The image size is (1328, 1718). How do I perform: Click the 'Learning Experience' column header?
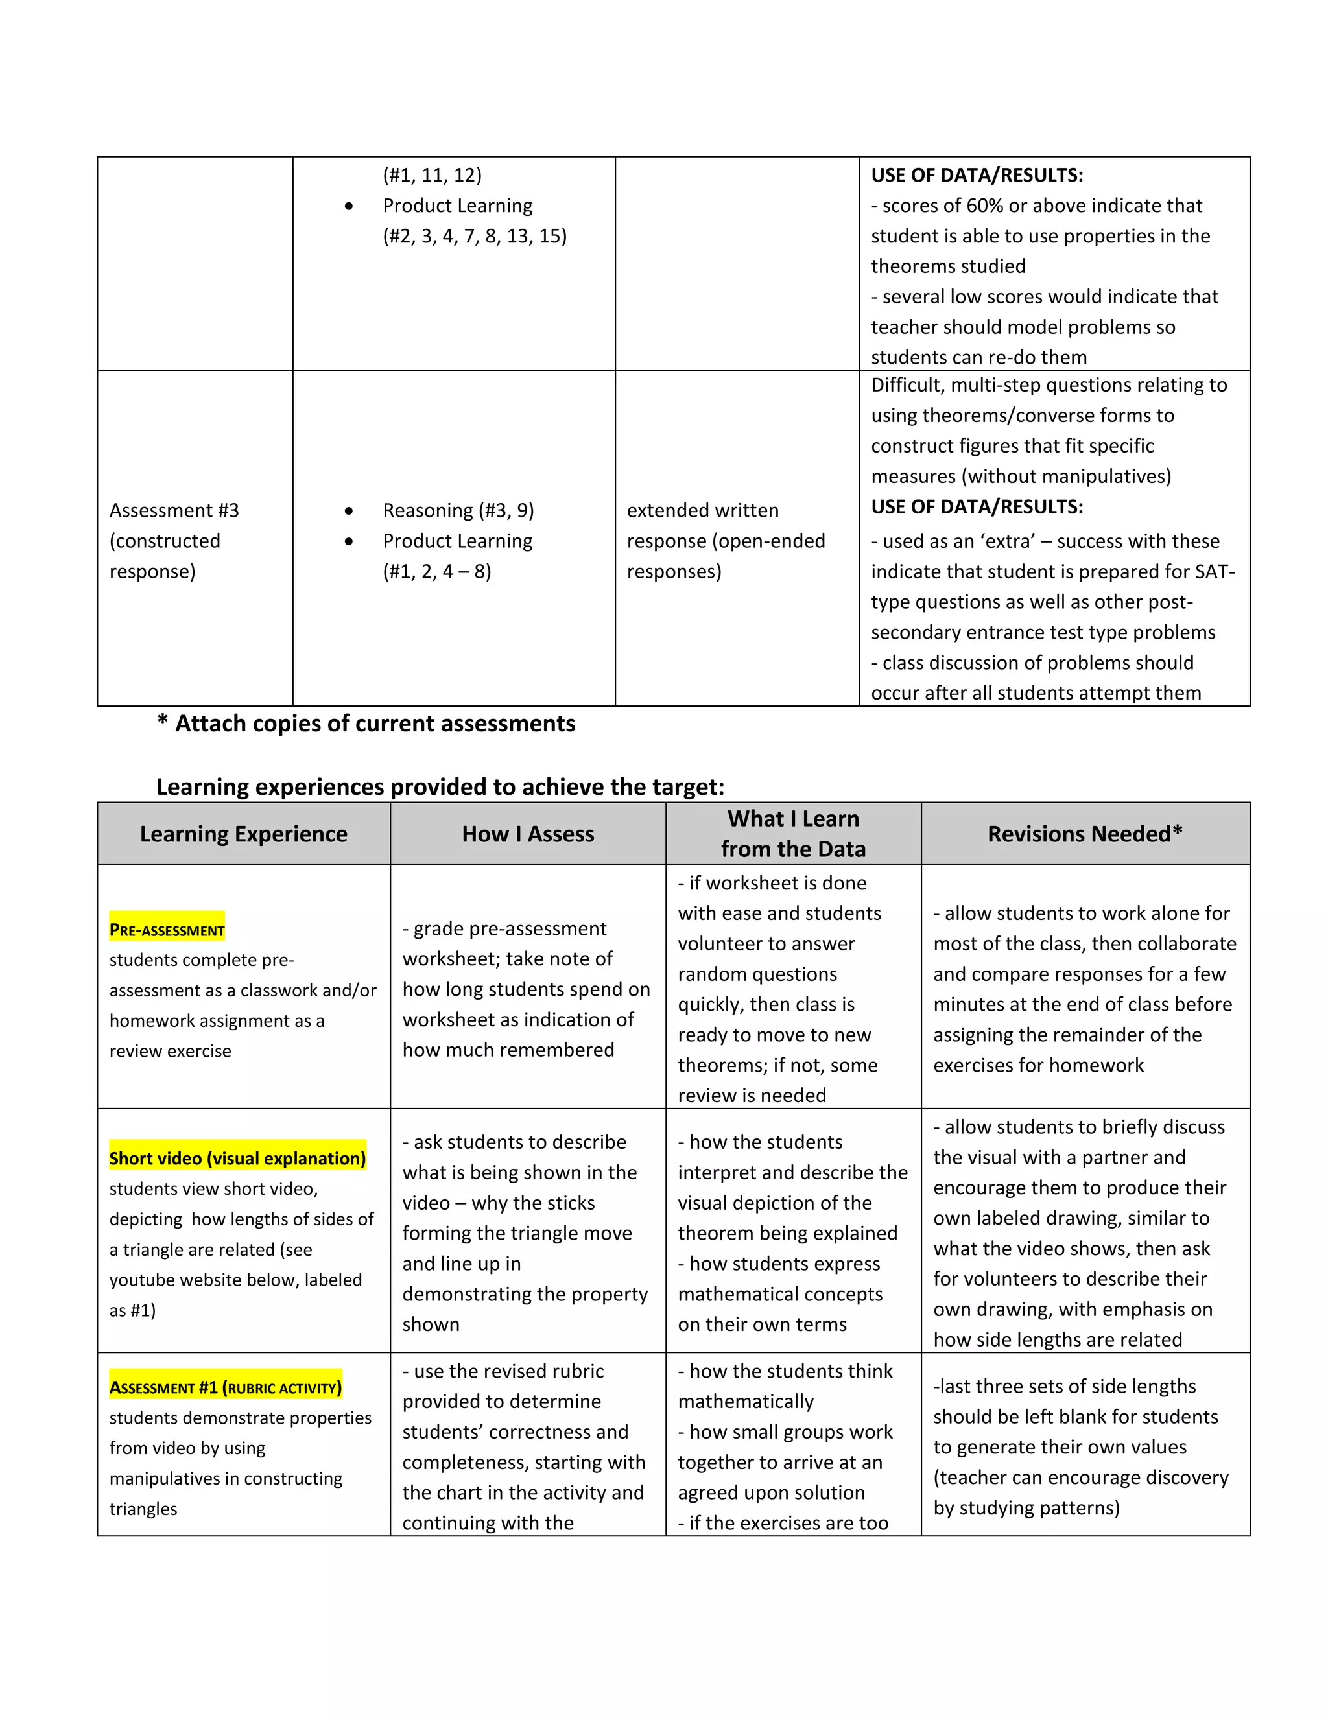(243, 834)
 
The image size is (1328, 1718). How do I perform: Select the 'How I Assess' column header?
(527, 834)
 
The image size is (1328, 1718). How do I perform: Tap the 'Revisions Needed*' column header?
(1085, 834)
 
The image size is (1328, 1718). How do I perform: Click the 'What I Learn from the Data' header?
(793, 834)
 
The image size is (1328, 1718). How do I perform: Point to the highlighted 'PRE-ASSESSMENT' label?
(167, 930)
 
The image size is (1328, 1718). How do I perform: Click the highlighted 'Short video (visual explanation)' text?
(237, 1159)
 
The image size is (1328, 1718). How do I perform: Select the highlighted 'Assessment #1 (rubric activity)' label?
(225, 1387)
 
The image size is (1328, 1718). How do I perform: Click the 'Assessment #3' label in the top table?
(174, 510)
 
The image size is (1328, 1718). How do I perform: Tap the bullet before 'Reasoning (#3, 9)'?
(348, 512)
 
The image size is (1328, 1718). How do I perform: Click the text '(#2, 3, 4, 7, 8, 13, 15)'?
(475, 236)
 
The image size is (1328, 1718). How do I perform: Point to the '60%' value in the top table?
(984, 206)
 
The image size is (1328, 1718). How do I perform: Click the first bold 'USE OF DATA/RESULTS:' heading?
(977, 176)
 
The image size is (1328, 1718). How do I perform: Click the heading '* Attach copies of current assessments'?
(366, 724)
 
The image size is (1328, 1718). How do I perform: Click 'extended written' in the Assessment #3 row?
(702, 510)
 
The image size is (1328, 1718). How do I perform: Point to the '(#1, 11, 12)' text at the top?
(432, 176)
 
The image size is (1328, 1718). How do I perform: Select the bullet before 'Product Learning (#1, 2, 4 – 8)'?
(348, 541)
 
